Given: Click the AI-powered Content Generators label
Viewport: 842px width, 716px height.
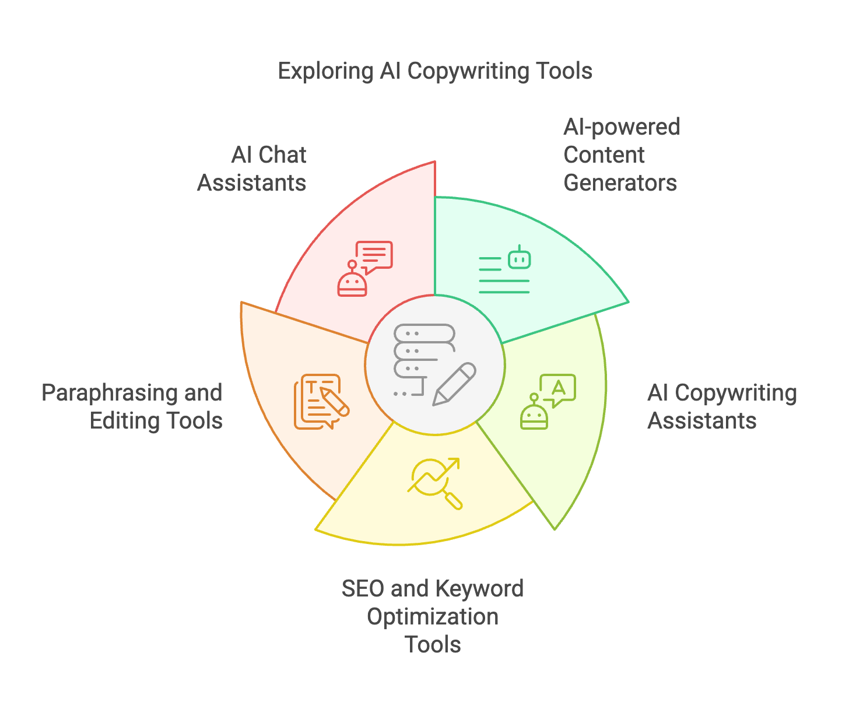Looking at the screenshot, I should [x=621, y=155].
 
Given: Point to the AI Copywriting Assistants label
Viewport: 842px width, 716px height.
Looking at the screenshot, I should [x=721, y=407].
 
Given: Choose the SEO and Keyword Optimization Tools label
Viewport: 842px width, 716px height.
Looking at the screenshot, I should [x=433, y=616].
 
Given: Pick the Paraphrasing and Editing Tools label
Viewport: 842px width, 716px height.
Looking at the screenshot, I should [x=133, y=407].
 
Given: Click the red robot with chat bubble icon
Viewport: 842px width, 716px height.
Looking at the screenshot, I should [x=365, y=269].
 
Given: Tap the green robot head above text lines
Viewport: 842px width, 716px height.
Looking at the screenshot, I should [x=519, y=258].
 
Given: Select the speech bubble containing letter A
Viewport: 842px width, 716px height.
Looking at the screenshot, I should [x=558, y=388].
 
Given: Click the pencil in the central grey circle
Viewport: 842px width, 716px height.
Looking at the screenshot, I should [x=454, y=384].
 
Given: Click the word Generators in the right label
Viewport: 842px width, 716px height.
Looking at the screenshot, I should [x=620, y=183].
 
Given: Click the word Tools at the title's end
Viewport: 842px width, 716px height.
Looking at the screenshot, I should [x=564, y=72].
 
